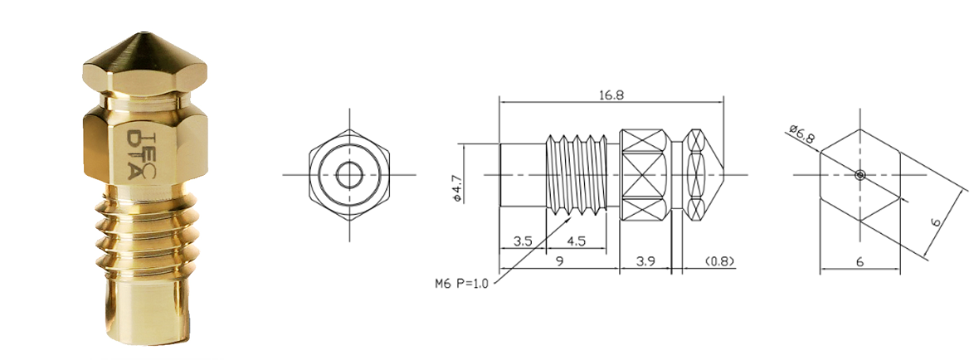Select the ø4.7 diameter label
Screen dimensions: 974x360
point(457,188)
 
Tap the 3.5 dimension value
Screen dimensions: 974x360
point(523,241)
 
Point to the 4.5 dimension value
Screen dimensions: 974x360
point(576,241)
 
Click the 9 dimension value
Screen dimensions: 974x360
point(560,262)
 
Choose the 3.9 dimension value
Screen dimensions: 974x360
point(645,262)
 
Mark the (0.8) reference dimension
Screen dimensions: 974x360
point(720,262)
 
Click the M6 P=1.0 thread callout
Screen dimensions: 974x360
point(461,284)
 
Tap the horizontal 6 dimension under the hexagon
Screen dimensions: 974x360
point(860,262)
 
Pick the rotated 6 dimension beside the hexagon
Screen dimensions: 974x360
point(937,221)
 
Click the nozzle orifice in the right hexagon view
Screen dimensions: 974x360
point(860,174)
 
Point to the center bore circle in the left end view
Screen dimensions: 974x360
point(349,174)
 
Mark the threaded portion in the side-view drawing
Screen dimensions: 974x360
point(577,175)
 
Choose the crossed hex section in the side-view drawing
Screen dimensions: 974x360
point(645,174)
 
